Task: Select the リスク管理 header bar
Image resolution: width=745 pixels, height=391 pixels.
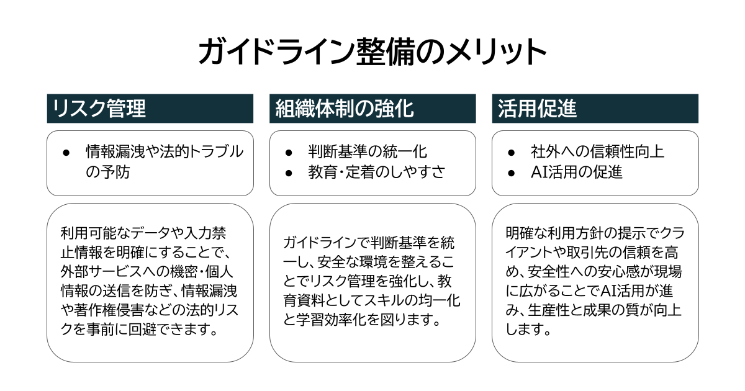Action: [x=150, y=109]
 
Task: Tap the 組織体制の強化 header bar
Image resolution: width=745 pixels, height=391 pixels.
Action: [x=372, y=109]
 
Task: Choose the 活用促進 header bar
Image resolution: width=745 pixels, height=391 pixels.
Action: [x=595, y=109]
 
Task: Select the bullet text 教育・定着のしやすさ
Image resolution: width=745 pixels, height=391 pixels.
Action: [x=377, y=173]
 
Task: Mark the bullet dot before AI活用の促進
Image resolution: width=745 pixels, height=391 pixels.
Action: [x=511, y=173]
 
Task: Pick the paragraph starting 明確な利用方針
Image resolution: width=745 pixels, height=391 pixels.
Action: [x=595, y=281]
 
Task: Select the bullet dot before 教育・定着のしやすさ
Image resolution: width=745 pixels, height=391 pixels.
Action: [x=289, y=173]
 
